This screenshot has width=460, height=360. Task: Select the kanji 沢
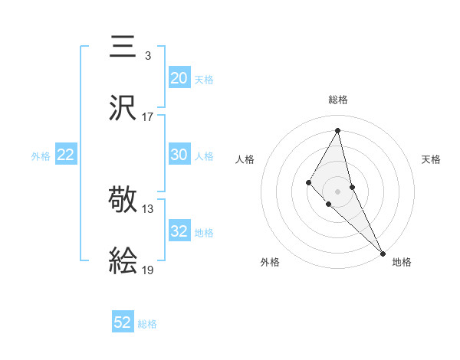click(123, 108)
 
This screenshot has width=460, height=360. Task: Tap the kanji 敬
click(123, 200)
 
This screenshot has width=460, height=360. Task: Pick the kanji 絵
click(123, 261)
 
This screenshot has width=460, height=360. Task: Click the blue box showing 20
click(179, 77)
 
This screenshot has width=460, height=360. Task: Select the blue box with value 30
click(179, 154)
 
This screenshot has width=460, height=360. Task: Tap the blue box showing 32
click(179, 231)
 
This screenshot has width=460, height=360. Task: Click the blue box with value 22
click(66, 155)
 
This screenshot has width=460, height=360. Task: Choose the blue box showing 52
click(123, 322)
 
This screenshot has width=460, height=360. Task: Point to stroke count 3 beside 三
click(147, 55)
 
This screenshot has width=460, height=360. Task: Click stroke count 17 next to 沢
click(148, 117)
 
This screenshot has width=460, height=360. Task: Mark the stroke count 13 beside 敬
click(148, 208)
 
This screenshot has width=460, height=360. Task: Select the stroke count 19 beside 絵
click(148, 270)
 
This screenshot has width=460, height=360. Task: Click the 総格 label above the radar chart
click(338, 100)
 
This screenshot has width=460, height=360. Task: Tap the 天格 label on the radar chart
click(431, 159)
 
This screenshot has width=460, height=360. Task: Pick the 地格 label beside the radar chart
click(402, 262)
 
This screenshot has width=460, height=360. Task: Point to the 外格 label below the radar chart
click(270, 262)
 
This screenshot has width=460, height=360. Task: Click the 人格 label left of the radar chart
click(245, 159)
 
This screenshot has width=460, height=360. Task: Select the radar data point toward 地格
click(383, 253)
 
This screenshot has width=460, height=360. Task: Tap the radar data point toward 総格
click(338, 130)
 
